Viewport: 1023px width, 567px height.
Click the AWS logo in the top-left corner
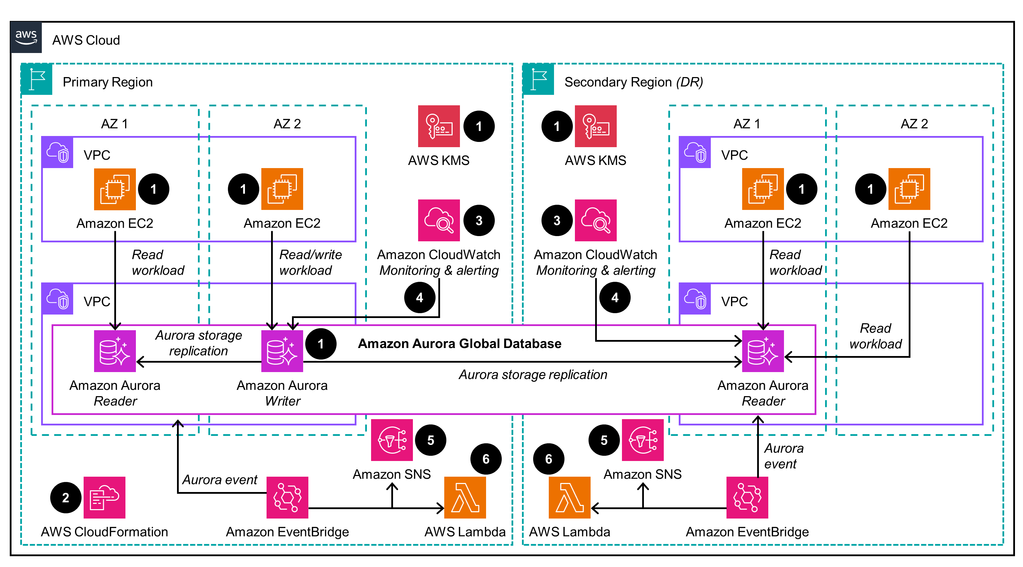[26, 37]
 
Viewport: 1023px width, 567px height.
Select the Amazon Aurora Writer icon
[282, 351]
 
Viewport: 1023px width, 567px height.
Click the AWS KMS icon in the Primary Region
[438, 126]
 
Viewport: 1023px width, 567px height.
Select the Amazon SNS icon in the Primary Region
[392, 440]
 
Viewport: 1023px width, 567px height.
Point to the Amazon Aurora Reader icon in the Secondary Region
[762, 351]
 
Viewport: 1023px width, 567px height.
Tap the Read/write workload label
[310, 262]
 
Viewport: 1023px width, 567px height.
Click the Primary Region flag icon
[37, 79]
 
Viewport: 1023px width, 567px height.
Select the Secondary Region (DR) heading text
[633, 82]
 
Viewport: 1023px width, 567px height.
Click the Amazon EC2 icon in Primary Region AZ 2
[282, 189]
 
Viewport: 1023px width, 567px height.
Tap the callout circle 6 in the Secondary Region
[548, 459]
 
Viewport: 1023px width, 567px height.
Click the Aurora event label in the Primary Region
[220, 479]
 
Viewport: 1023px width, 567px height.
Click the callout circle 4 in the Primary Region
[420, 297]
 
